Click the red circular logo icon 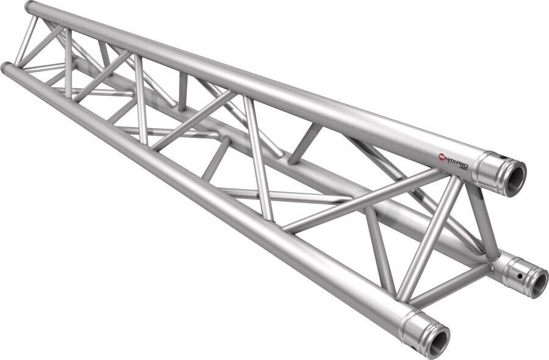[x=442, y=158]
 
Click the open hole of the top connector [x=514, y=178]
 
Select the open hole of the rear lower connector [x=538, y=283]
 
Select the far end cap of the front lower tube [x=5, y=67]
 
